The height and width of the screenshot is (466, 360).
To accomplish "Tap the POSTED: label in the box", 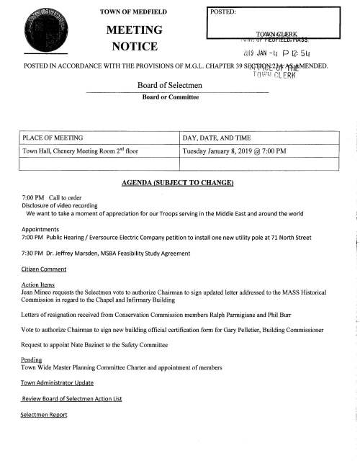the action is tap(225, 12).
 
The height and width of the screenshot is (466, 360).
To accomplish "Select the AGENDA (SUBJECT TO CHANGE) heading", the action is tap(179, 182).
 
